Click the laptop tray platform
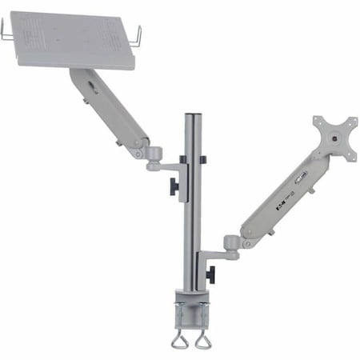point(76,40)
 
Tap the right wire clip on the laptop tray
point(138,36)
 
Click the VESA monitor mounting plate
point(334,137)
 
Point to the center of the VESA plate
point(334,138)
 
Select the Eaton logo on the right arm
point(282,204)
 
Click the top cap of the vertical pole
point(192,116)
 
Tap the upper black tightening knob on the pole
point(172,186)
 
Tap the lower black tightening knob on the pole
point(210,274)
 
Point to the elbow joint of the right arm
point(233,241)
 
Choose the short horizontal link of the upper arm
point(164,167)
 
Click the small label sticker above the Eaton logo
point(300,182)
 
